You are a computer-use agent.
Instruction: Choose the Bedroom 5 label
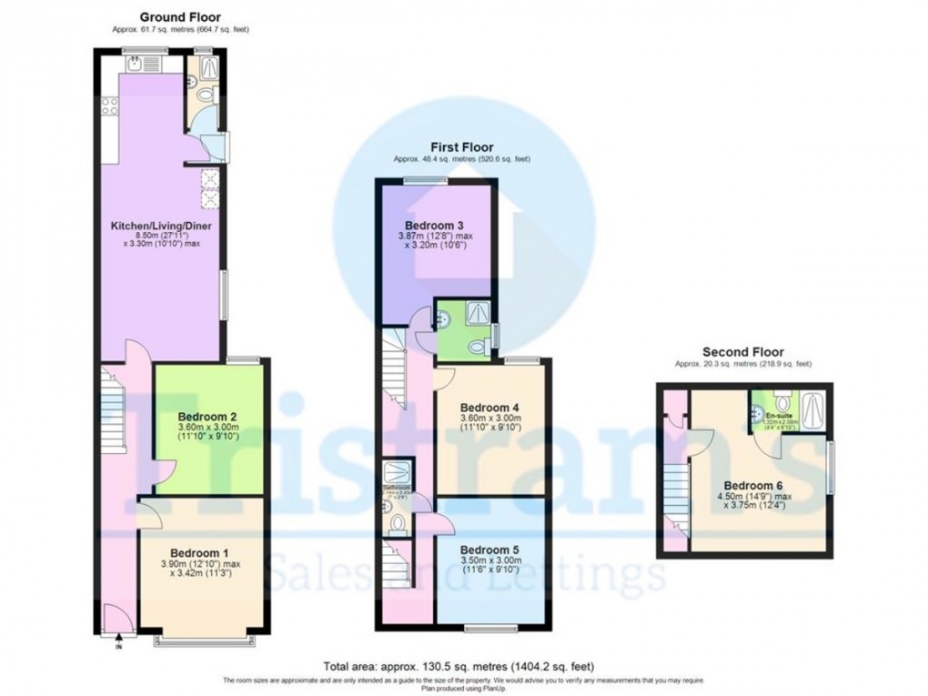(489, 550)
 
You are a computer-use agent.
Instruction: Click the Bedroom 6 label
(751, 485)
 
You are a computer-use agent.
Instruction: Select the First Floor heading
(462, 146)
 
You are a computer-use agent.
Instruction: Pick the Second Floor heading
(742, 352)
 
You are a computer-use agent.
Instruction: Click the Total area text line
(464, 666)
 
